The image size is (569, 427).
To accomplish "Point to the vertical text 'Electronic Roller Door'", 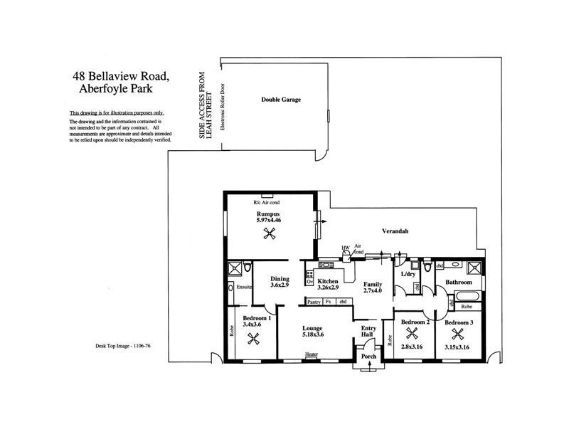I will click(x=222, y=125).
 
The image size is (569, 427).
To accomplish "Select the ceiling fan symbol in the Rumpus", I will click(x=269, y=236).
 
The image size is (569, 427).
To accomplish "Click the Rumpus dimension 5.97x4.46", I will click(x=269, y=221).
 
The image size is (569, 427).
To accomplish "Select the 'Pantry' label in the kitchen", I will click(x=313, y=302).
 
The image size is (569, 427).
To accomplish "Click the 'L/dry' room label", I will click(x=408, y=274).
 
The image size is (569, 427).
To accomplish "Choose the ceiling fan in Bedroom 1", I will click(x=252, y=339).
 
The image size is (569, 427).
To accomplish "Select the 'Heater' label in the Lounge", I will click(x=312, y=354).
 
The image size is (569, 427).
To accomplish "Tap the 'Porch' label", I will click(x=368, y=357).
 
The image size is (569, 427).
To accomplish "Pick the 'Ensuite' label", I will click(x=245, y=286).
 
